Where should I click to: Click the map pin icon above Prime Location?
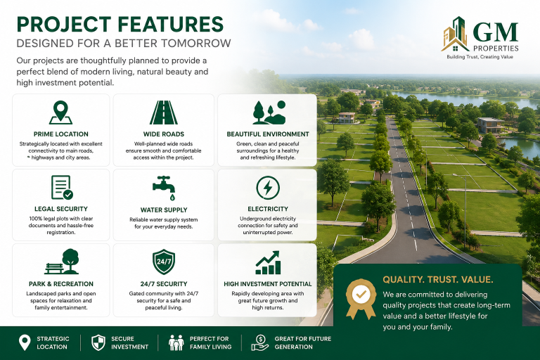tap(60, 112)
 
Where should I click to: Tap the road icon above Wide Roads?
tap(164, 112)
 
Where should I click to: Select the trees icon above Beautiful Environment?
tap(269, 112)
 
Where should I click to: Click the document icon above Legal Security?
tap(62, 188)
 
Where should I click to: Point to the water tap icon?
tap(164, 188)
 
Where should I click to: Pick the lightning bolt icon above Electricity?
tap(268, 188)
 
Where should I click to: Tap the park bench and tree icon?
tap(62, 262)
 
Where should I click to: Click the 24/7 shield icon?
tap(164, 262)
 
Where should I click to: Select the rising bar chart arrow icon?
tap(268, 262)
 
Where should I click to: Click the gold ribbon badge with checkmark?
tap(361, 298)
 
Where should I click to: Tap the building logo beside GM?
tap(455, 34)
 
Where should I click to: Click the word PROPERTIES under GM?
tap(496, 49)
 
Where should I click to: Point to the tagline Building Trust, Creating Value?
tap(480, 57)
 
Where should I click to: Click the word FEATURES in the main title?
tap(170, 24)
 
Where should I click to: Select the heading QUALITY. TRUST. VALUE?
tap(438, 279)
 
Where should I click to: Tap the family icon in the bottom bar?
tap(176, 343)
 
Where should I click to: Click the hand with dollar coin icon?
tap(260, 343)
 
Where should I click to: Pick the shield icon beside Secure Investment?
tap(98, 343)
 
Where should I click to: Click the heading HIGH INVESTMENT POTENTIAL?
tap(268, 284)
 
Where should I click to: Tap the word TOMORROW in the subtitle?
tap(195, 44)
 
